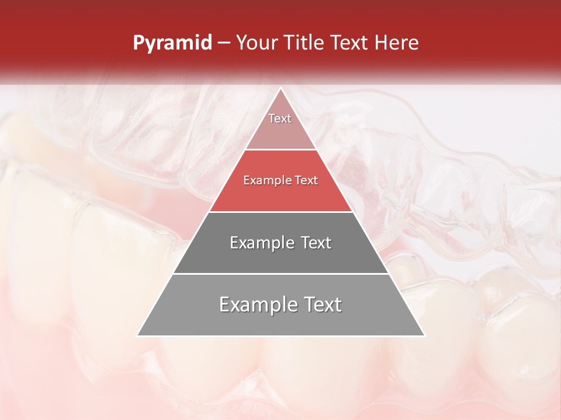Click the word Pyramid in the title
tap(172, 43)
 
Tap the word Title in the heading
tap(307, 43)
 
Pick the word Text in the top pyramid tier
tap(280, 118)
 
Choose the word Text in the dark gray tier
tap(316, 243)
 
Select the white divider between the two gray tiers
tap(280, 274)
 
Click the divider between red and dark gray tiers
tap(280, 212)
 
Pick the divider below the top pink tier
tap(280, 150)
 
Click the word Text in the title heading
tap(352, 43)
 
